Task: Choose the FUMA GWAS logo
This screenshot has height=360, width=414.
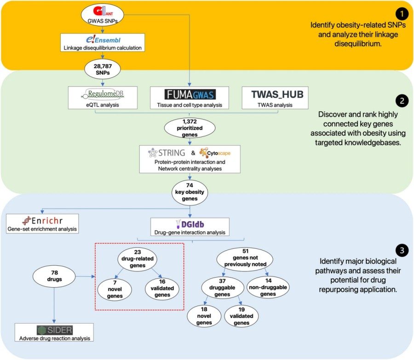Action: click(190, 94)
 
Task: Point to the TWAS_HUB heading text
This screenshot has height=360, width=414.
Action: click(275, 94)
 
